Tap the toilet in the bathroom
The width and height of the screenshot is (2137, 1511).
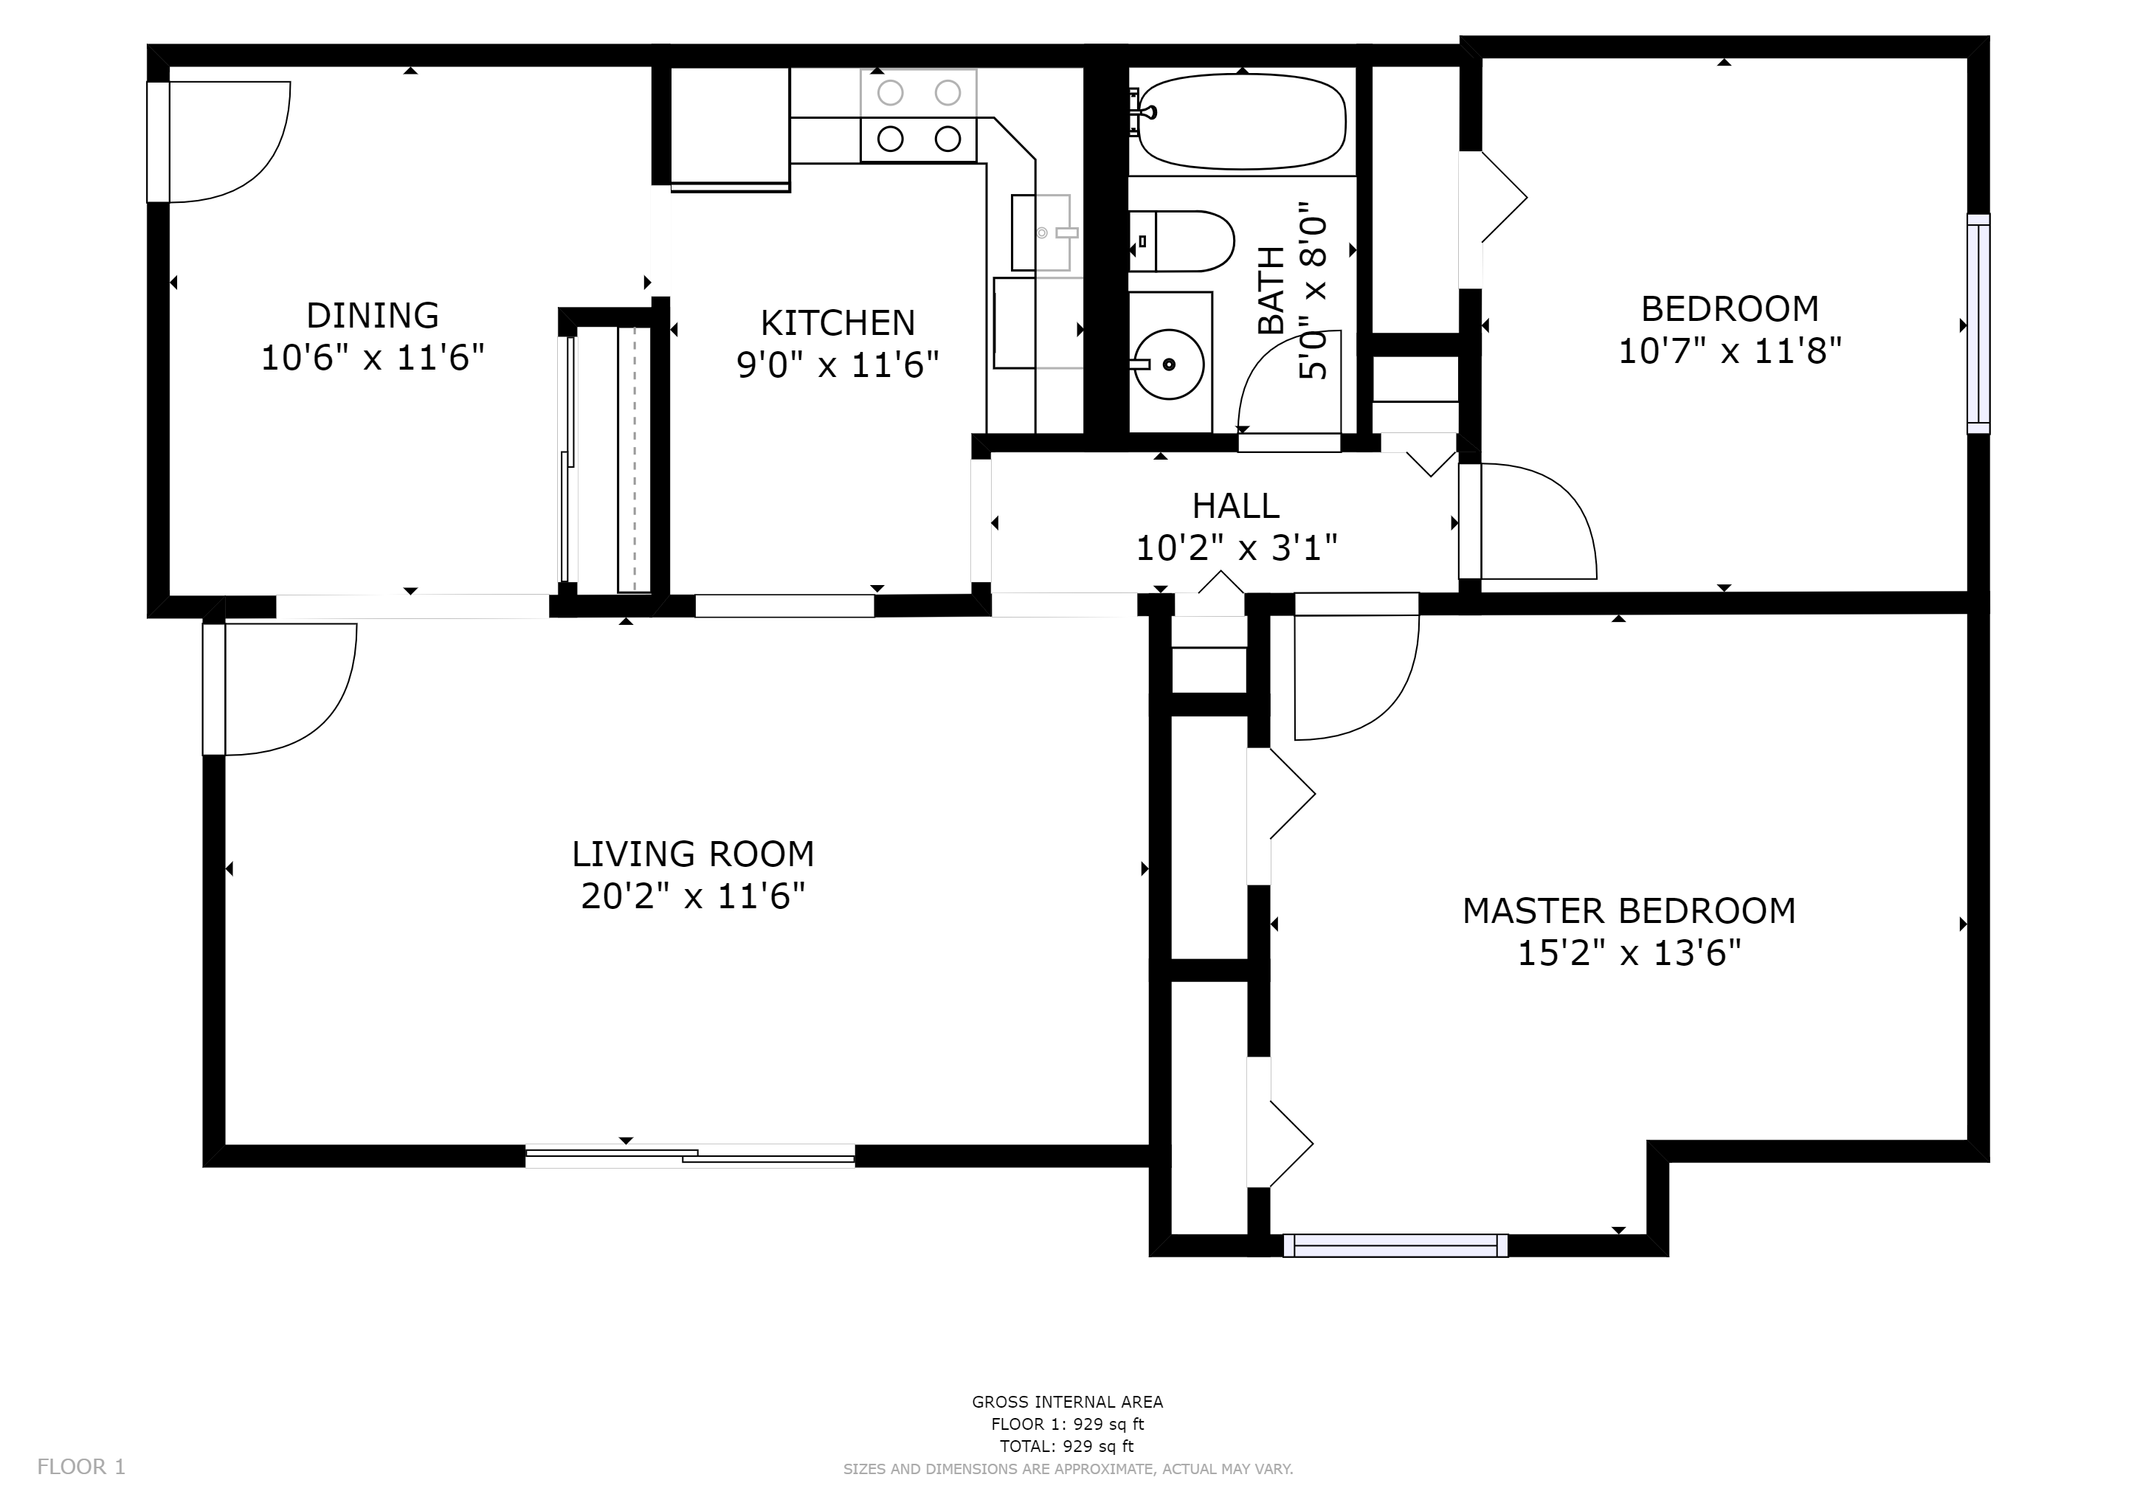coord(1181,241)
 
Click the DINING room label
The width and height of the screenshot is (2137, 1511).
coord(373,316)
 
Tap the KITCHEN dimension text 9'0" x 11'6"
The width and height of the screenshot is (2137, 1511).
coord(838,364)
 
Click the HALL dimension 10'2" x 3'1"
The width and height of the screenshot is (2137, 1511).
coord(1236,548)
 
